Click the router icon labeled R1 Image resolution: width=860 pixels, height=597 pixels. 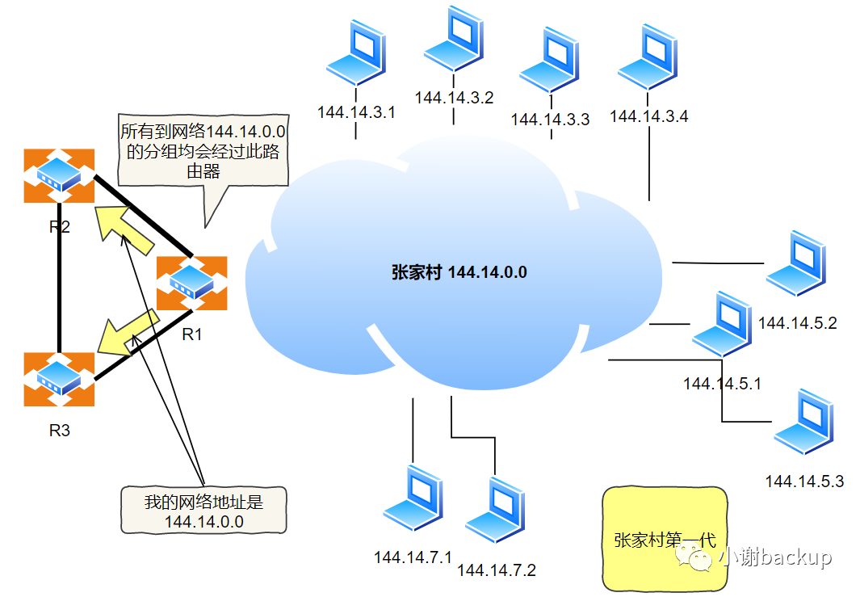tap(191, 283)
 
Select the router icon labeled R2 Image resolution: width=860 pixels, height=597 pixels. tap(59, 175)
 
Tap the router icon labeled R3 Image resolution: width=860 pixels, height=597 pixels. tap(59, 379)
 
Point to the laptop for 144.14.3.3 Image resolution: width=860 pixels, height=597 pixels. tap(550, 61)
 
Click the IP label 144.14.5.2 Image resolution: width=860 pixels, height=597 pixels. tap(798, 323)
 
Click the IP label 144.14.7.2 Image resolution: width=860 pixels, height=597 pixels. tap(497, 570)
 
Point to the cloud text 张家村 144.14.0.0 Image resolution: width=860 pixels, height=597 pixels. tap(459, 272)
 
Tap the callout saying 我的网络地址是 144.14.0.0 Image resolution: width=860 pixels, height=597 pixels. tap(203, 511)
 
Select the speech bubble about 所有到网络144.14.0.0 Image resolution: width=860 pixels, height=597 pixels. tap(206, 150)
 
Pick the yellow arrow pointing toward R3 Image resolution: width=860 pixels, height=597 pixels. tap(127, 331)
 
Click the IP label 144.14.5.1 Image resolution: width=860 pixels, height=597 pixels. tap(723, 383)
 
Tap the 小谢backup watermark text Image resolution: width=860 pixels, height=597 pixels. tap(777, 557)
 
